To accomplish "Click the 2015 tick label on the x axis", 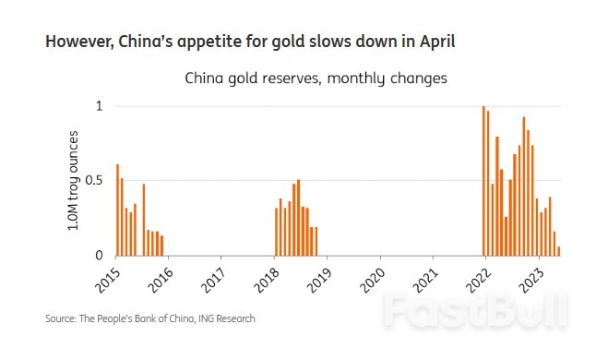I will [108, 276].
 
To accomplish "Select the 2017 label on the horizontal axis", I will [213, 276].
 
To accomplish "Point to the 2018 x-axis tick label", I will [266, 276].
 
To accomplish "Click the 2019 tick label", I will [318, 276].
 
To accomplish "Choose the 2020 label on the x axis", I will [371, 276].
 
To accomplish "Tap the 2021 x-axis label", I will [423, 276].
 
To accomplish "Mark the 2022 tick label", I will [476, 276].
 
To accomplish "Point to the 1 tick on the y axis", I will [101, 106].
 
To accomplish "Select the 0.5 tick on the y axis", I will [94, 180].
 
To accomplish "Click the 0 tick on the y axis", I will [101, 255].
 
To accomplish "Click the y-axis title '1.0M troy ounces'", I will [75, 180].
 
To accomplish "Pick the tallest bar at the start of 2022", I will [483, 180].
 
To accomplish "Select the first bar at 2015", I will [117, 210].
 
